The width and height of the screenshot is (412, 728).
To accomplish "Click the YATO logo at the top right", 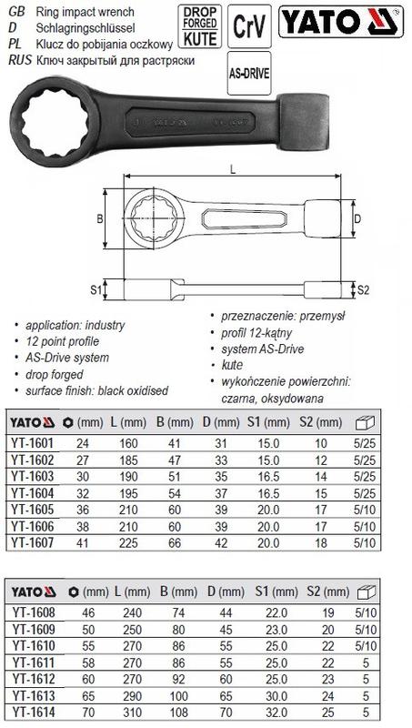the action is coord(341,22).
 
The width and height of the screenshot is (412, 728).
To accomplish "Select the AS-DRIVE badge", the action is coord(249,74).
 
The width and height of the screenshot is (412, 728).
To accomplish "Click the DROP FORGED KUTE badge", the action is coord(200,26).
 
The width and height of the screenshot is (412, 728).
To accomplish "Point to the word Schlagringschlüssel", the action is coord(85,28).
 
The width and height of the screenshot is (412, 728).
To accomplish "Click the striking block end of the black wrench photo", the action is coord(304,122).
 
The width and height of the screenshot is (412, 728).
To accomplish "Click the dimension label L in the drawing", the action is coord(233,169).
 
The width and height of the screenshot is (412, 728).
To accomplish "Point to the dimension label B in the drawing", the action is coord(99,218).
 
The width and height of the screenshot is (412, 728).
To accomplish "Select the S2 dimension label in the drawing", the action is coord(363,290).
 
